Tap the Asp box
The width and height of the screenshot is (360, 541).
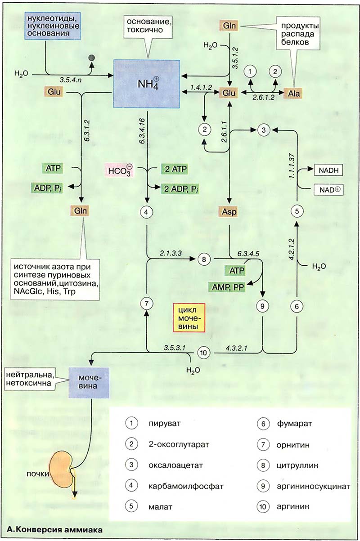pyautogui.click(x=229, y=211)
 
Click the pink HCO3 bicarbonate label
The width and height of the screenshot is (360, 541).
pyautogui.click(x=119, y=171)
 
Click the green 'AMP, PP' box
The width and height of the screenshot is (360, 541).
pyautogui.click(x=226, y=286)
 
